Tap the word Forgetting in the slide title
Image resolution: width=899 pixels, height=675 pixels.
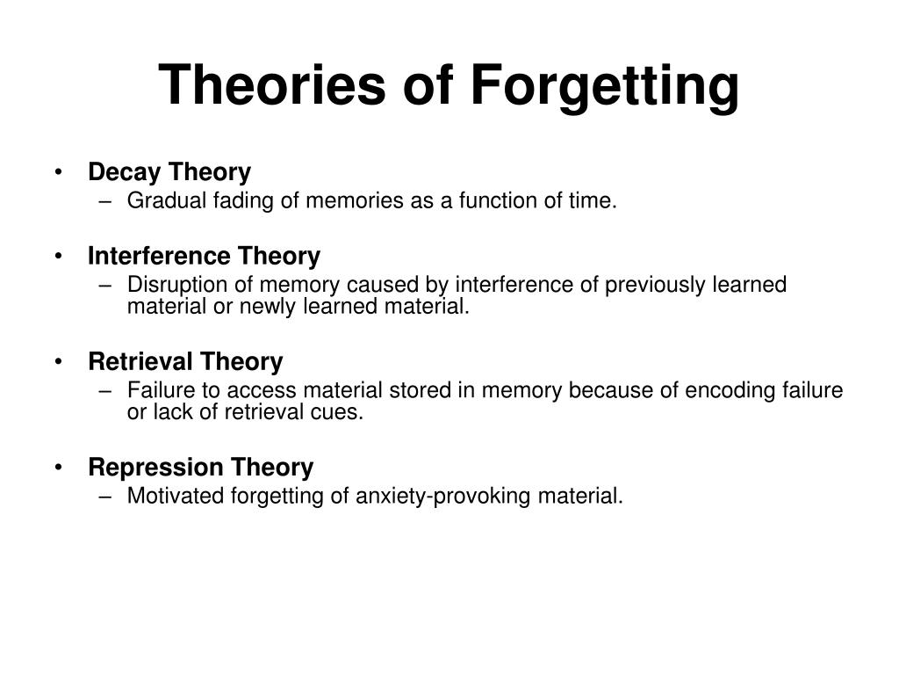[x=606, y=87]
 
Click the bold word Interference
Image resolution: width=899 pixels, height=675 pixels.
[x=160, y=256]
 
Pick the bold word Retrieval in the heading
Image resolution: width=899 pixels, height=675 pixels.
[x=140, y=361]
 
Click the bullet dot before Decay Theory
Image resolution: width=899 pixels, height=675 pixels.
[x=58, y=171]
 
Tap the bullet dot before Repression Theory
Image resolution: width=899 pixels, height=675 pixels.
[x=58, y=468]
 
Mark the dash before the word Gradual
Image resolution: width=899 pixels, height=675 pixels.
[x=104, y=201]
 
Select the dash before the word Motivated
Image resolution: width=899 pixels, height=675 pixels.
[x=104, y=497]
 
